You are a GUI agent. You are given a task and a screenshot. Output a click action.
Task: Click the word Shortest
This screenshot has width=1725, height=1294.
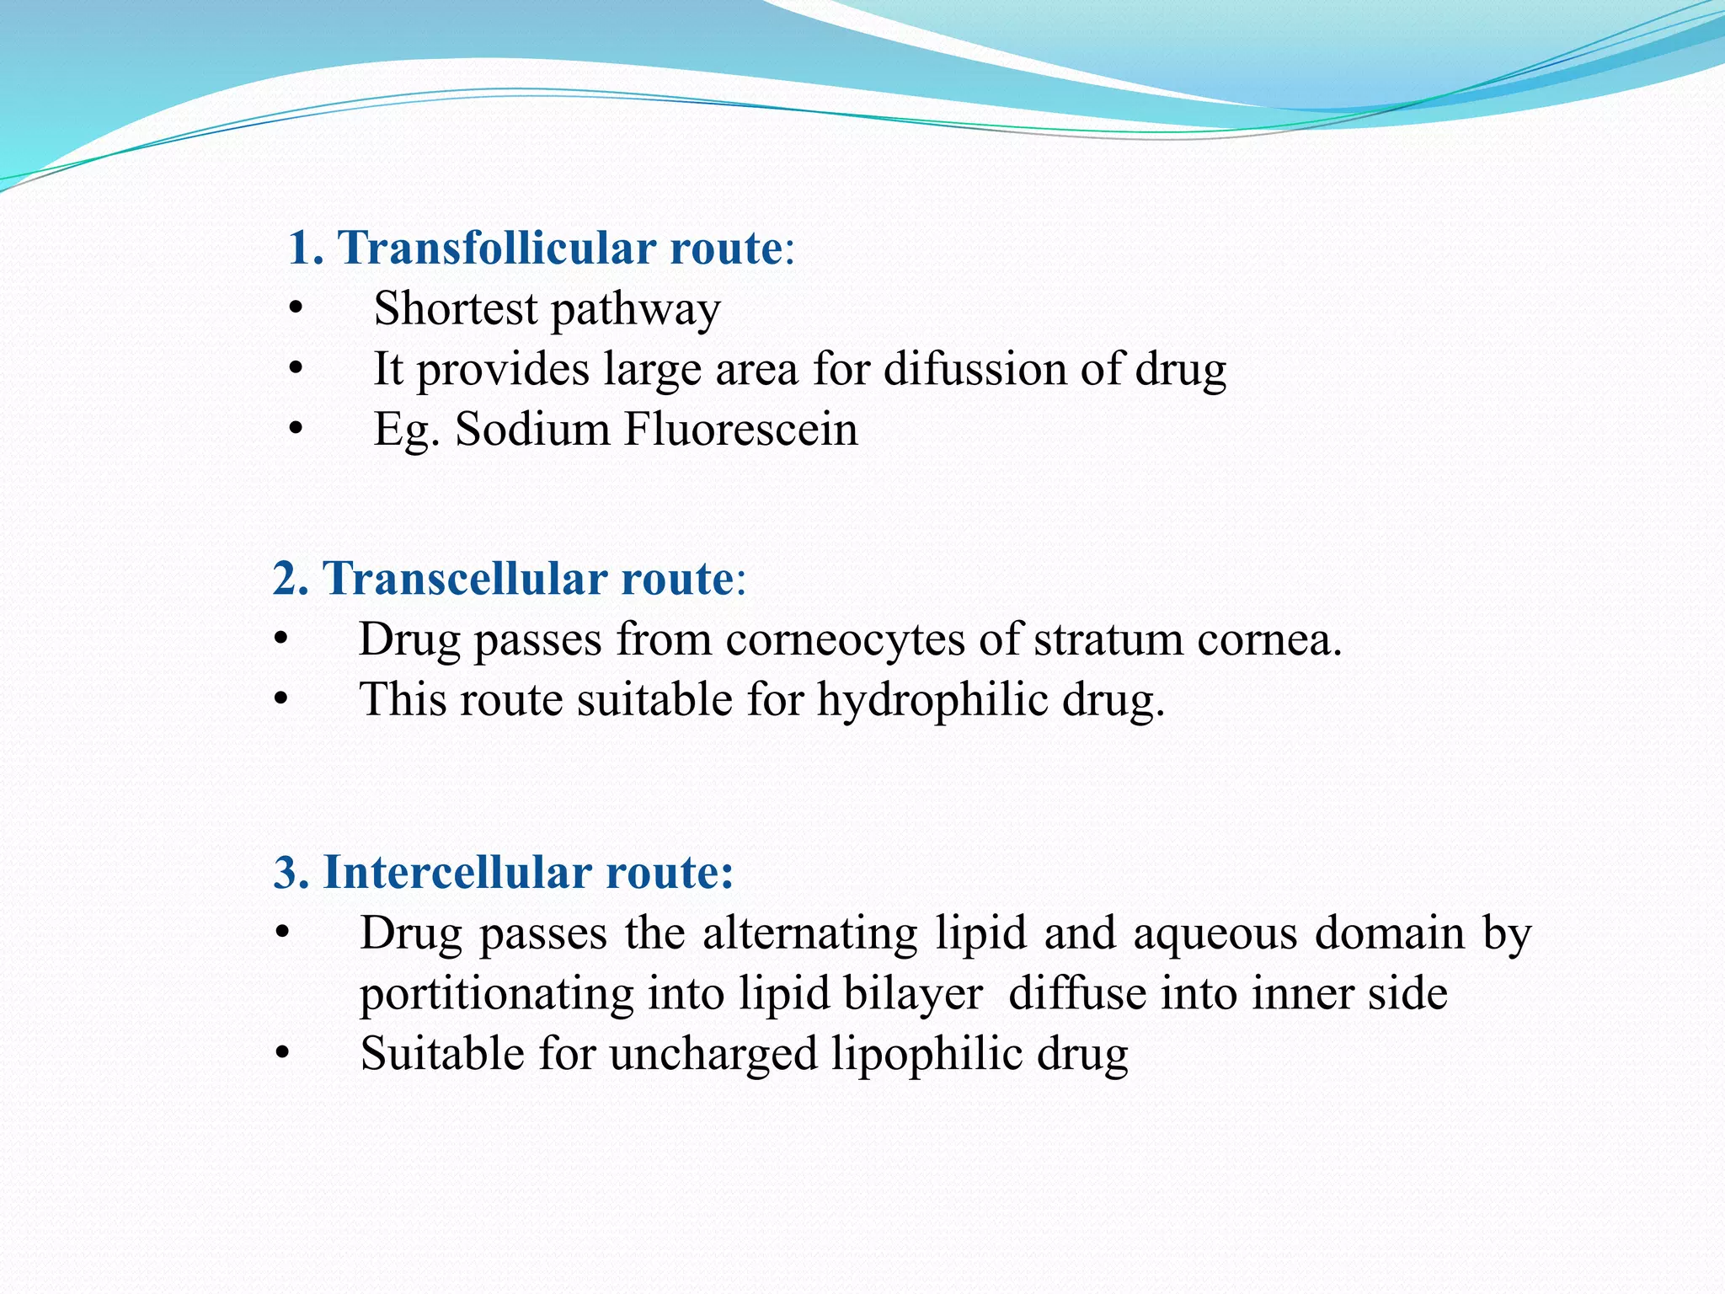(455, 308)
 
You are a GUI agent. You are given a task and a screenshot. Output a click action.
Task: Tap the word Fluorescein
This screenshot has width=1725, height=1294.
(740, 429)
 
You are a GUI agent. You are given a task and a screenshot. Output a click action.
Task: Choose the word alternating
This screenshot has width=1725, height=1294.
(809, 933)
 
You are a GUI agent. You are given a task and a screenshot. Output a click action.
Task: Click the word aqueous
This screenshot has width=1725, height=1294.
(1215, 933)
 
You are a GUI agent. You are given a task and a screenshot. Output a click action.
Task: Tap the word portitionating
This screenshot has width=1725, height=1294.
(496, 994)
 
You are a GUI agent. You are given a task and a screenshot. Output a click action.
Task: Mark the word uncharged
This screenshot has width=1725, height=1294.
(713, 1055)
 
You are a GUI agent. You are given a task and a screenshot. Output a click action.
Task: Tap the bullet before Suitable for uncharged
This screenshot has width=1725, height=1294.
(282, 1055)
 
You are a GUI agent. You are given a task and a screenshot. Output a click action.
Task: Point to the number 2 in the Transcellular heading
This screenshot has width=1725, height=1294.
(286, 580)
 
